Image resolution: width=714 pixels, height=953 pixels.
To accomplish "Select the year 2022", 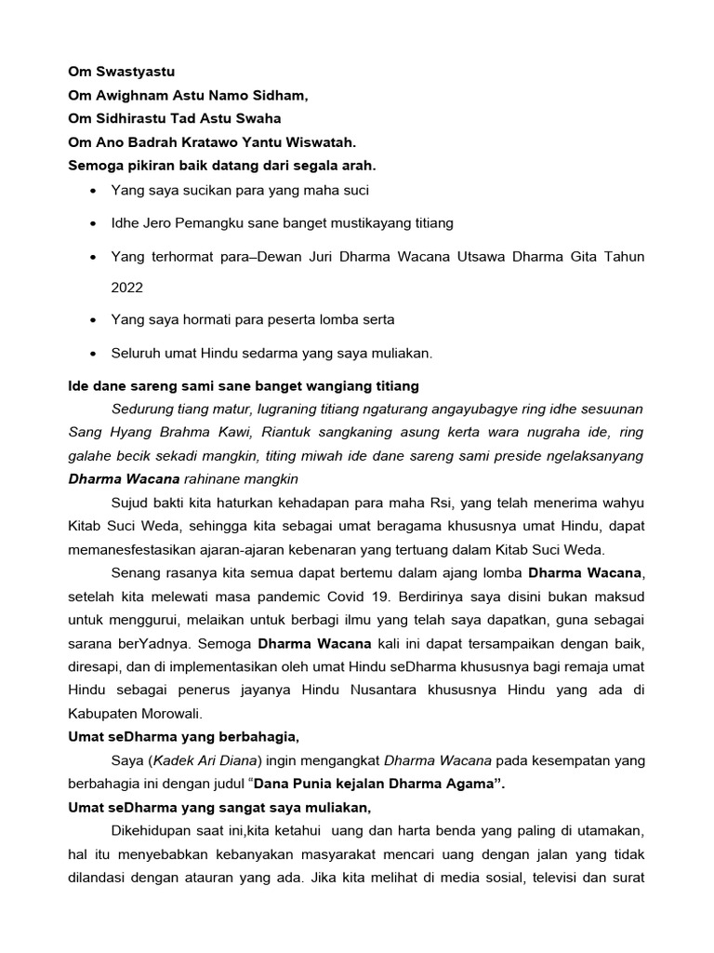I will pyautogui.click(x=127, y=288).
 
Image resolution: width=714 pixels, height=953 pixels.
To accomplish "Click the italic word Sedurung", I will pyautogui.click(x=143, y=409).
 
